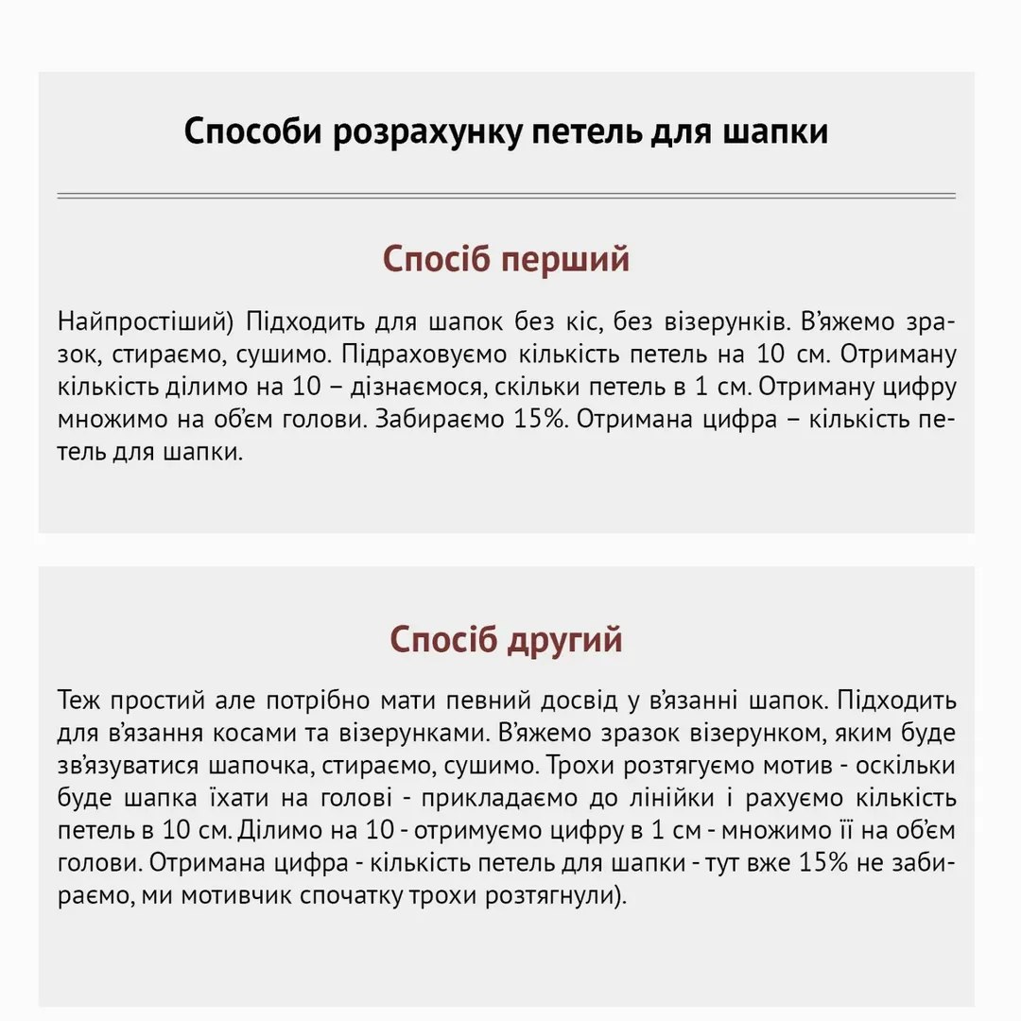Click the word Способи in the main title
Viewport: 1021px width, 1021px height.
253,131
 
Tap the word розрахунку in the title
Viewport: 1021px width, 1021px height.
424,131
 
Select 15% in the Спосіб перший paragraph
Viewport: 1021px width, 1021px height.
535,420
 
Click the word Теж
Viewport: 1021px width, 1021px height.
78,702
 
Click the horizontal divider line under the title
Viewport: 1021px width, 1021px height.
506,196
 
